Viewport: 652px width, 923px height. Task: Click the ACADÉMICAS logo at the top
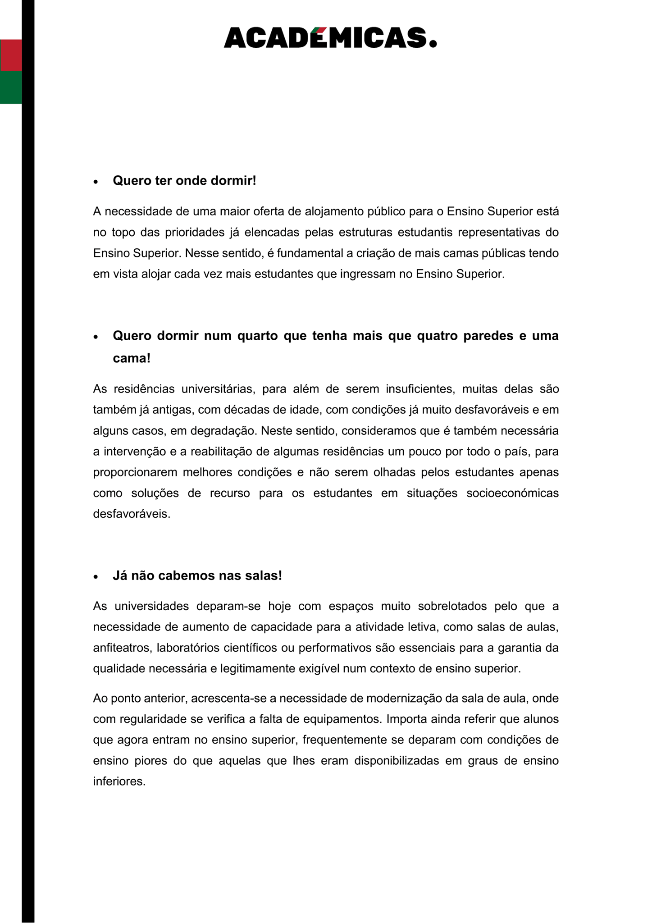(x=330, y=37)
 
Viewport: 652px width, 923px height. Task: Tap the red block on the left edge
(x=11, y=55)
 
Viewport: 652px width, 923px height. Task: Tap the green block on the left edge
(x=11, y=87)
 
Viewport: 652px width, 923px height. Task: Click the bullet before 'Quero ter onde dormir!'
(x=96, y=182)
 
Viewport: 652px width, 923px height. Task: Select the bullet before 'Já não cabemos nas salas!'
(x=96, y=577)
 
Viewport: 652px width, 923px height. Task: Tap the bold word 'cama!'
(x=132, y=359)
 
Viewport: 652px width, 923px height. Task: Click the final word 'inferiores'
(x=119, y=781)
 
